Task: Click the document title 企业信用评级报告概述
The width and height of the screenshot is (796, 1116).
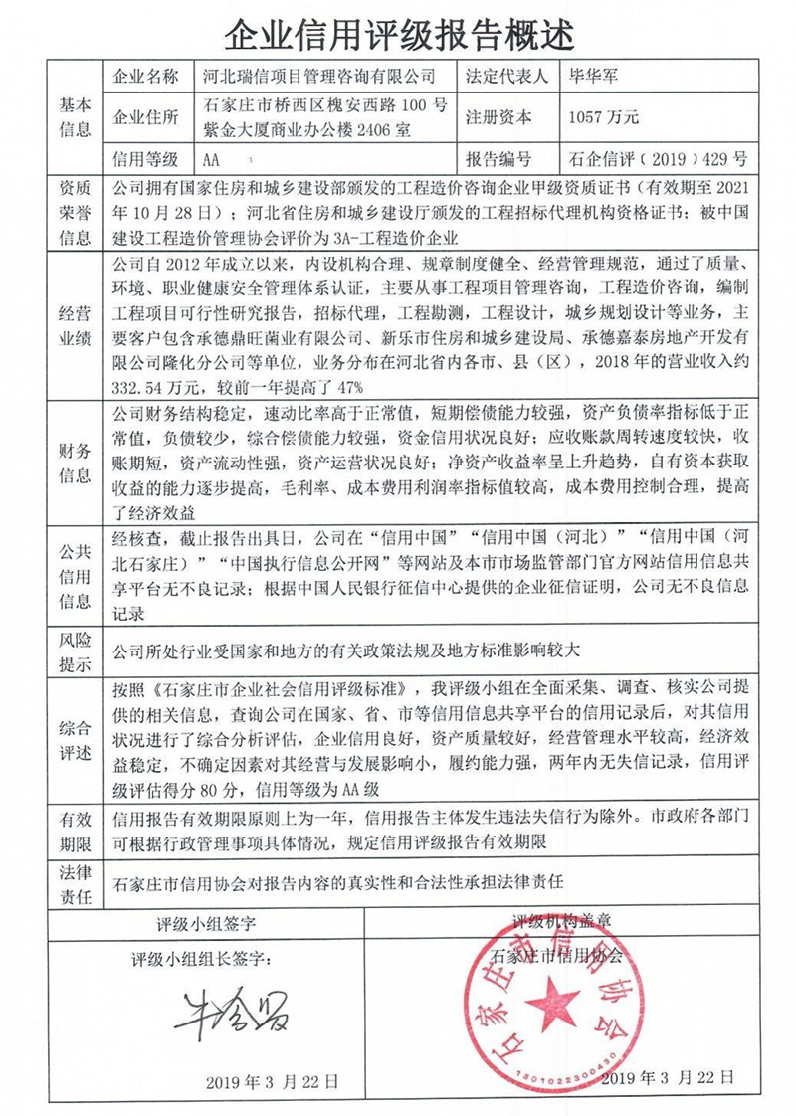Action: coord(398,36)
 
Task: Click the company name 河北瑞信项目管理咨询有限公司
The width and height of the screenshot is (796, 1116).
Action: coord(318,76)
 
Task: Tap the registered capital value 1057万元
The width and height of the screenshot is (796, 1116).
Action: coord(603,117)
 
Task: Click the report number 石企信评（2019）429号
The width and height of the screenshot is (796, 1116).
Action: coord(658,159)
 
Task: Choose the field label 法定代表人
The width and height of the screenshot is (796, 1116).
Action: coord(505,76)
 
